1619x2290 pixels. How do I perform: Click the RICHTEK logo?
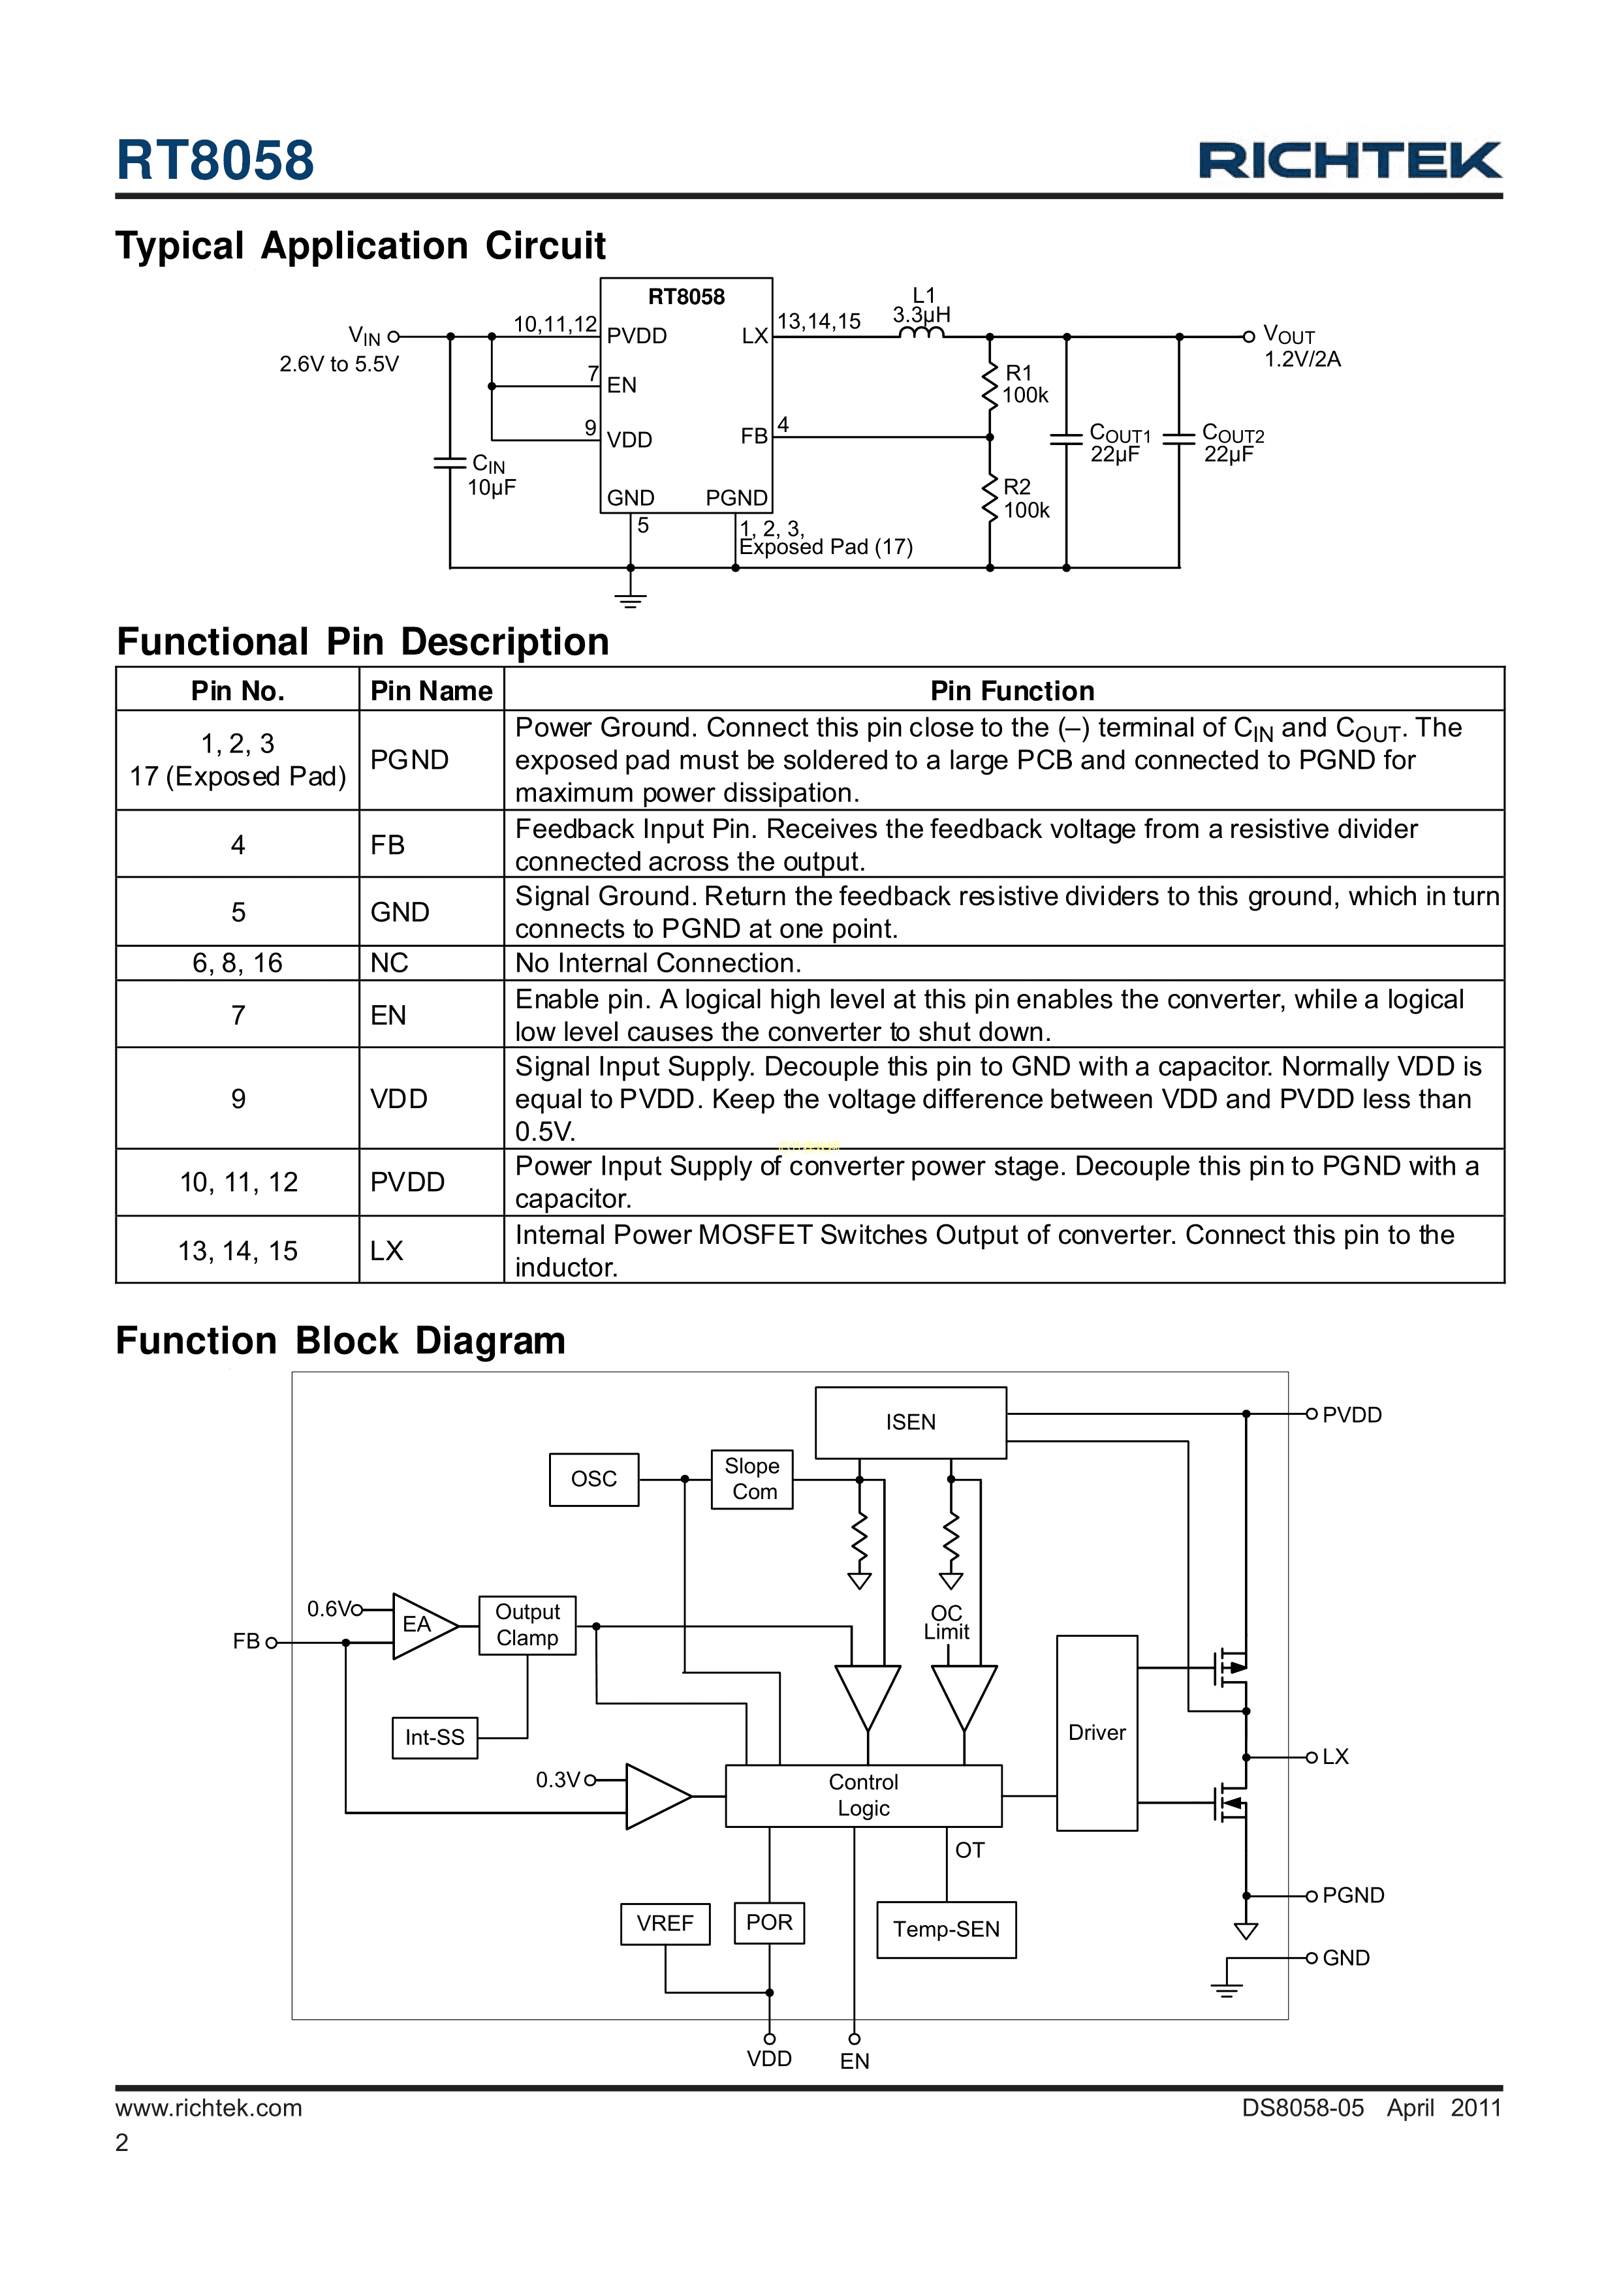pos(1349,161)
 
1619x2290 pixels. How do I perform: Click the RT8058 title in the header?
pos(215,161)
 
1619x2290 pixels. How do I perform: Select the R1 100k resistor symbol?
pos(990,385)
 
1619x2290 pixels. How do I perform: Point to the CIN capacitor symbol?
pos(450,463)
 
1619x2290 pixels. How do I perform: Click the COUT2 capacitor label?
pos(1233,444)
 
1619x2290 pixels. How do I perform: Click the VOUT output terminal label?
pos(1289,335)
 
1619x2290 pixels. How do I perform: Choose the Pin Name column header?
pos(431,690)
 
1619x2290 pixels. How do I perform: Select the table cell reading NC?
pos(389,963)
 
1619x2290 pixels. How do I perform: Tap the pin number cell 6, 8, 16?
pos(238,963)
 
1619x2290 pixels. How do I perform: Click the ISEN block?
pos(910,1422)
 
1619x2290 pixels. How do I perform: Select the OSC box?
pos(593,1479)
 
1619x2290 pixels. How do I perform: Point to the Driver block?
pos(1096,1733)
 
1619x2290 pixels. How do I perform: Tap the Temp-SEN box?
pos(946,1929)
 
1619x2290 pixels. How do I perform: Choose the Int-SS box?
pos(435,1737)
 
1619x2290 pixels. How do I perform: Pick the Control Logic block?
pos(863,1795)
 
